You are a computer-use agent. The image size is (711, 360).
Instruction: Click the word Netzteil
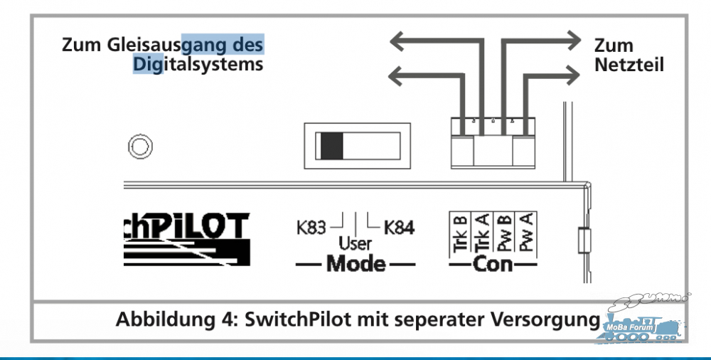point(629,65)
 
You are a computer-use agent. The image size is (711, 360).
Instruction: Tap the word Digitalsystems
point(198,64)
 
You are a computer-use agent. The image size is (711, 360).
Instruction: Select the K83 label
point(311,228)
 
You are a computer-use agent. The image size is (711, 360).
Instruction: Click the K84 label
point(399,228)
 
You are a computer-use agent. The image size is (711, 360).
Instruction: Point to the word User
point(355,244)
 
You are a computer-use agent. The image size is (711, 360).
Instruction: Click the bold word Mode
point(355,263)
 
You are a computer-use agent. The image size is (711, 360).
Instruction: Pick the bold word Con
point(493,264)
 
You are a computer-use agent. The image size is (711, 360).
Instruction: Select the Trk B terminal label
point(460,234)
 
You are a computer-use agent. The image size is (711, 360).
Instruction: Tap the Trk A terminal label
point(482,234)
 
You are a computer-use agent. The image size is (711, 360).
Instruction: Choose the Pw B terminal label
point(504,234)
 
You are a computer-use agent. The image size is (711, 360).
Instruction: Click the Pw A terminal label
point(526,234)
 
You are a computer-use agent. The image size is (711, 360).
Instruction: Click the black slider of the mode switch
point(331,146)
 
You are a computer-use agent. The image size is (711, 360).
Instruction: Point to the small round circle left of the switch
point(140,147)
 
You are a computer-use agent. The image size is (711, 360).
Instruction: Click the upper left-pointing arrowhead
point(399,42)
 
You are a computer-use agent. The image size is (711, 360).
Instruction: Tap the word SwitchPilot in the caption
point(297,319)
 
